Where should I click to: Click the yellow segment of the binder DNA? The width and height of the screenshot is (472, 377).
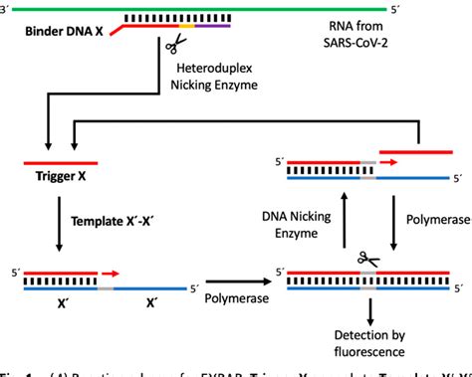[x=191, y=32]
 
